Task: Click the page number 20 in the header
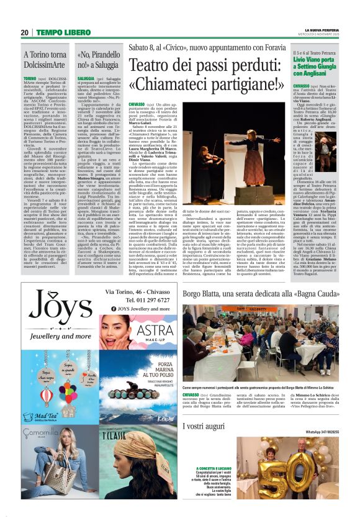pos(24,32)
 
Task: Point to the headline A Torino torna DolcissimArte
pos(45,59)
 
